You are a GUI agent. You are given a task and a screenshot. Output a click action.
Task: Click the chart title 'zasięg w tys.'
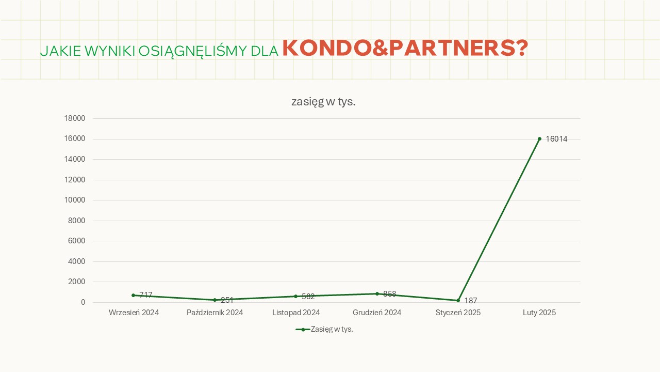[323, 102]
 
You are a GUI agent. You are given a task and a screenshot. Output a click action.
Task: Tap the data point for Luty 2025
[539, 138]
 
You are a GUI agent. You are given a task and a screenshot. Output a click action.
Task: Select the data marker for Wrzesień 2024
[133, 295]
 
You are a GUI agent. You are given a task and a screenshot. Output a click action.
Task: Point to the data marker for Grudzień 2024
[377, 293]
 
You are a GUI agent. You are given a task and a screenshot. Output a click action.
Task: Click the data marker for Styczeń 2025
[458, 300]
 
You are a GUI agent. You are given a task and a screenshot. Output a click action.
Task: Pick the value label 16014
[556, 139]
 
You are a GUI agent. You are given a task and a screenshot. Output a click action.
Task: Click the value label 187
[470, 301]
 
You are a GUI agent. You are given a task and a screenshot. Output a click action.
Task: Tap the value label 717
[146, 295]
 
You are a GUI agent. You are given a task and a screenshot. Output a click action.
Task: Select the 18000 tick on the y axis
[74, 118]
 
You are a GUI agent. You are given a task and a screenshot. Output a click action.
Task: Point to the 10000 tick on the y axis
[74, 200]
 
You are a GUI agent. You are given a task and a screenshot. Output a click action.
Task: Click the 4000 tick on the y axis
[76, 261]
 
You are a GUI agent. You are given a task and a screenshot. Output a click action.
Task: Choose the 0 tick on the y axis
[82, 302]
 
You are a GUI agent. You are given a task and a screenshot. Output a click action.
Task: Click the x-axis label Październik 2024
[214, 313]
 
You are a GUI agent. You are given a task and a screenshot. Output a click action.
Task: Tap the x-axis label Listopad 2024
[296, 313]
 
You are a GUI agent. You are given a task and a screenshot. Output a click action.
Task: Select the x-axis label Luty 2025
[539, 313]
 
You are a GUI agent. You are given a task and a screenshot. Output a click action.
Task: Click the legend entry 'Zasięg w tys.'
[324, 329]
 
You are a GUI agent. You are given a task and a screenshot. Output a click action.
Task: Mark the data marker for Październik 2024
[214, 300]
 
